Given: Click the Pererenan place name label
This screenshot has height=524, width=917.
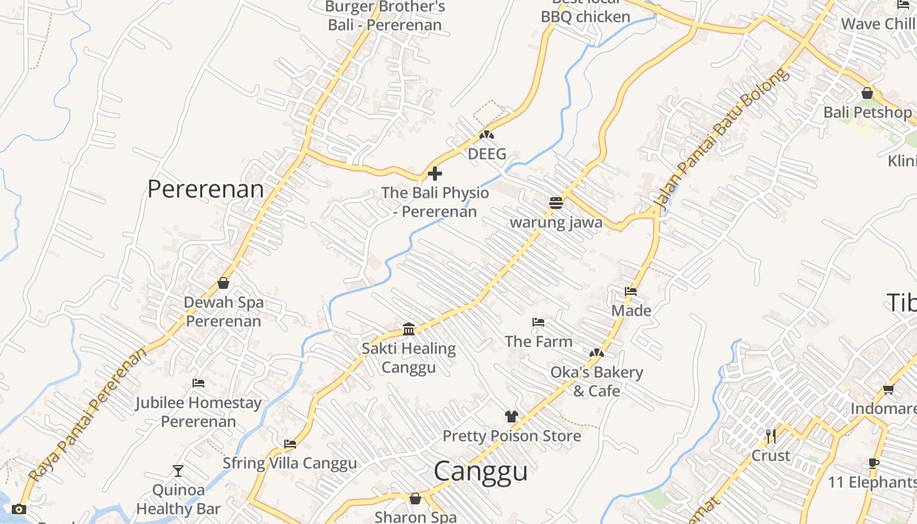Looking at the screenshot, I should tap(205, 189).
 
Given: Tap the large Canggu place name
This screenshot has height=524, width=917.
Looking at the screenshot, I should tap(480, 471).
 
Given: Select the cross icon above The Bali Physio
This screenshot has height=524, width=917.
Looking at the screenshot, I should tap(434, 174).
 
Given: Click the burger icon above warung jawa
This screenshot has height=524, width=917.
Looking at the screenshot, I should tap(556, 203).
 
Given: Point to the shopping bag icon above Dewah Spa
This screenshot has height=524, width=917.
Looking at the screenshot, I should tap(223, 283).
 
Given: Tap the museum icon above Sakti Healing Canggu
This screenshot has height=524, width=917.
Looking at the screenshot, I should tap(409, 329).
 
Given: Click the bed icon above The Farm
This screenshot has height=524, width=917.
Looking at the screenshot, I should tap(538, 322).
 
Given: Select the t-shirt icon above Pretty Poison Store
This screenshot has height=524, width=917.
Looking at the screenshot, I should tap(512, 417).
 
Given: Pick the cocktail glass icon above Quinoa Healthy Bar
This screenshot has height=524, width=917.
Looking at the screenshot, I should tap(178, 470).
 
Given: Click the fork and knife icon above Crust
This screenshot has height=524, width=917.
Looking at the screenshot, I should tap(771, 436).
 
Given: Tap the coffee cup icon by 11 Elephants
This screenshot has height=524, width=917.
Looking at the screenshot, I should tap(874, 463).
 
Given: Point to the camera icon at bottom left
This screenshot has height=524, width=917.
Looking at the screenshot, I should tap(19, 509).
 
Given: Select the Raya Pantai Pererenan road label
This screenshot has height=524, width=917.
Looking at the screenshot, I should tap(88, 415).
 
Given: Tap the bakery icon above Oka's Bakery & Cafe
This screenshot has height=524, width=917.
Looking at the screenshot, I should tap(596, 353).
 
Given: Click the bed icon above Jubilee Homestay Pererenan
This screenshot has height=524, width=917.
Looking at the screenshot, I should tap(198, 383).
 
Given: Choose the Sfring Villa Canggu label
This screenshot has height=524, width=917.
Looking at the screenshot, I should tap(290, 463).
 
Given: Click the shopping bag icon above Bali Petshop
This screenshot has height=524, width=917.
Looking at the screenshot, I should tap(867, 94).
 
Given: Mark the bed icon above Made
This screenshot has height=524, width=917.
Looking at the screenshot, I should tap(631, 291).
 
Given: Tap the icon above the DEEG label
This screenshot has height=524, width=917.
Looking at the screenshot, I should tap(486, 135).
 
